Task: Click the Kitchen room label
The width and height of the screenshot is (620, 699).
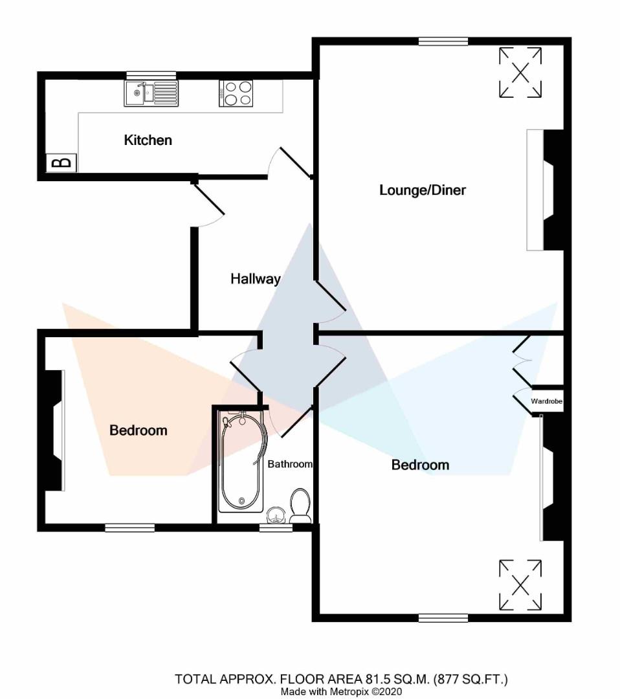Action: point(148,140)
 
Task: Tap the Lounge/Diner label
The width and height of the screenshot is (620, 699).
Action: point(423,190)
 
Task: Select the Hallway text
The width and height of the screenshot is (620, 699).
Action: point(256,279)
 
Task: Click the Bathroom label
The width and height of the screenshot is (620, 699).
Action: point(290,464)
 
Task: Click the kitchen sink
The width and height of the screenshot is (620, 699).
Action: point(151,93)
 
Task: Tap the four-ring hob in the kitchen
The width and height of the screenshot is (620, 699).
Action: point(236,93)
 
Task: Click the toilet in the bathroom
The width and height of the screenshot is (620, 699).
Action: point(300,505)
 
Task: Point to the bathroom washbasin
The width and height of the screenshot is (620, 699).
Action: point(277,515)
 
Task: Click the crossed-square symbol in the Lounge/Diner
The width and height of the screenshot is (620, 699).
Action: point(520,72)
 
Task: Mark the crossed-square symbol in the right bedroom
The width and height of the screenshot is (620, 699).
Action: point(520,586)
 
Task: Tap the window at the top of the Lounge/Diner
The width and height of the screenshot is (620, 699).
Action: point(443,42)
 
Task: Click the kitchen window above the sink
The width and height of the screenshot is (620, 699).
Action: point(151,75)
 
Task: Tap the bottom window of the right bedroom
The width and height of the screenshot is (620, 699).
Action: point(443,618)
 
